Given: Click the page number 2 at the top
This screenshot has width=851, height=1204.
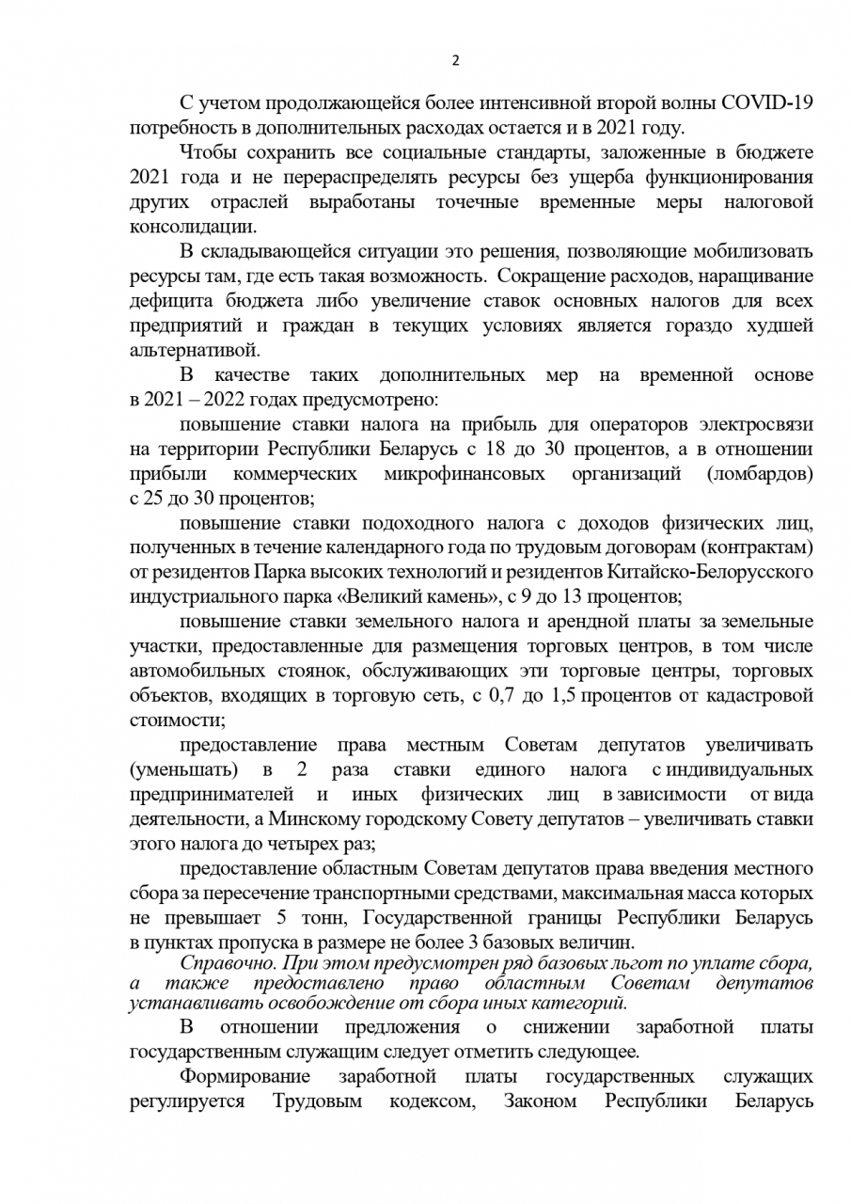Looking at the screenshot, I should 456,61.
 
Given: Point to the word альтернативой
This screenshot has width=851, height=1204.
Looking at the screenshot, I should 193,351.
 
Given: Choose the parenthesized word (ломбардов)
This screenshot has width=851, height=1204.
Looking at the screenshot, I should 761,474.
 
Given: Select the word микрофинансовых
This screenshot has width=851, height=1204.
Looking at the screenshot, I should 465,474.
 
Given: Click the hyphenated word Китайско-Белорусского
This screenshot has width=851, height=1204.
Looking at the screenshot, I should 715,573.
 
